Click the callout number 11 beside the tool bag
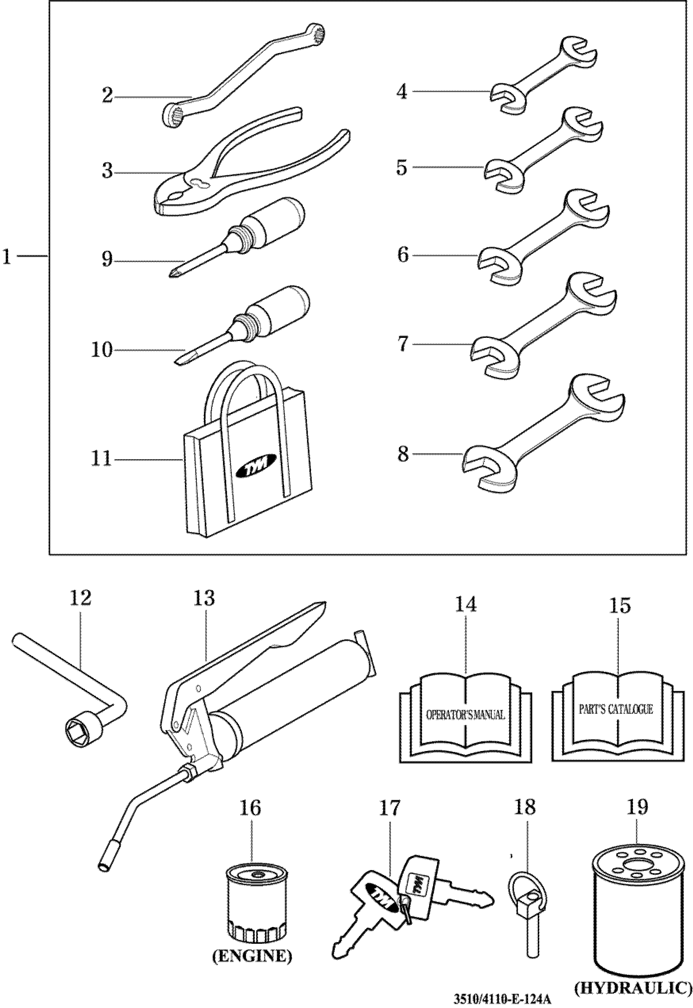click(x=101, y=459)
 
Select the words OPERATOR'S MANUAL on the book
click(x=465, y=715)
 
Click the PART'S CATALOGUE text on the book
click(x=616, y=709)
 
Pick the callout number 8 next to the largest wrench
click(x=403, y=454)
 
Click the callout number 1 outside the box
click(x=7, y=257)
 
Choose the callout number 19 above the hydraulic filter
click(x=637, y=807)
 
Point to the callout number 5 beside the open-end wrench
click(x=402, y=167)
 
